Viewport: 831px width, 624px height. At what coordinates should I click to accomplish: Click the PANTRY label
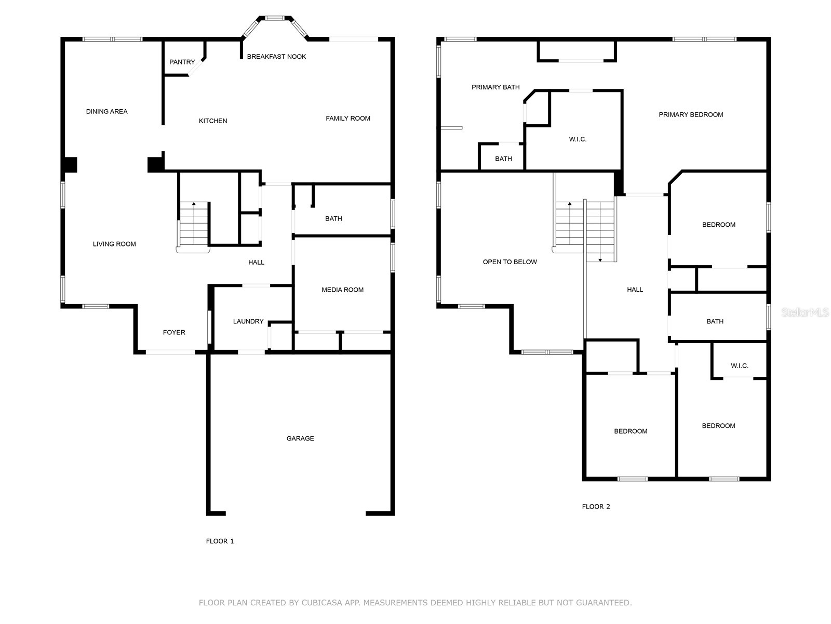click(182, 62)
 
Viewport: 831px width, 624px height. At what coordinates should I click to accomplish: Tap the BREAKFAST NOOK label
click(276, 57)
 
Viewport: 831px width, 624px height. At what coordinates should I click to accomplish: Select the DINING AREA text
click(107, 111)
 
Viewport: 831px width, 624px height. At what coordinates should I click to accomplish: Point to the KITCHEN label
click(213, 121)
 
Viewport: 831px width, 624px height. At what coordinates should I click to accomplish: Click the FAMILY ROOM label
click(348, 118)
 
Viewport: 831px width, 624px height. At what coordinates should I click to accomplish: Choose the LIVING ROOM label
click(114, 244)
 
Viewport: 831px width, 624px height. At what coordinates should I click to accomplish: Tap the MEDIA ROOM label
click(342, 290)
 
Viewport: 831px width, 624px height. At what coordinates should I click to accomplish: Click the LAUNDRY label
click(248, 321)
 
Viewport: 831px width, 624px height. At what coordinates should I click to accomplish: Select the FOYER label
click(174, 332)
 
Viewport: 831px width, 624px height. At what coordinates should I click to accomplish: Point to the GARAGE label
click(300, 438)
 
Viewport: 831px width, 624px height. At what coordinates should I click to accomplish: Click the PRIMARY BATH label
click(495, 87)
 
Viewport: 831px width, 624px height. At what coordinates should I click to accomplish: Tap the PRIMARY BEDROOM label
click(691, 114)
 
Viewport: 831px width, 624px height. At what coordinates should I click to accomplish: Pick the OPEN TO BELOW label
click(510, 262)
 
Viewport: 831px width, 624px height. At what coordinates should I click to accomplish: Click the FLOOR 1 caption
click(220, 541)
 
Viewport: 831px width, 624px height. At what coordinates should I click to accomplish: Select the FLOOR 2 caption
click(596, 506)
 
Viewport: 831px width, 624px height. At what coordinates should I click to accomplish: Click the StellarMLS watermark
click(805, 312)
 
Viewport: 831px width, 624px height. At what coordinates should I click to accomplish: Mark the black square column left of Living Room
click(71, 165)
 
